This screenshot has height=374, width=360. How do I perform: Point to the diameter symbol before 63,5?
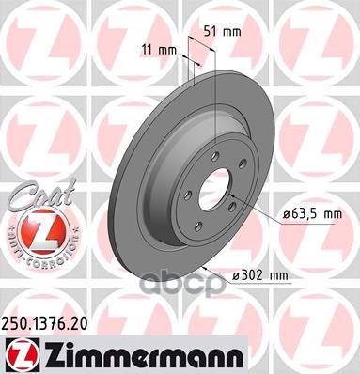pyautogui.click(x=284, y=214)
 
